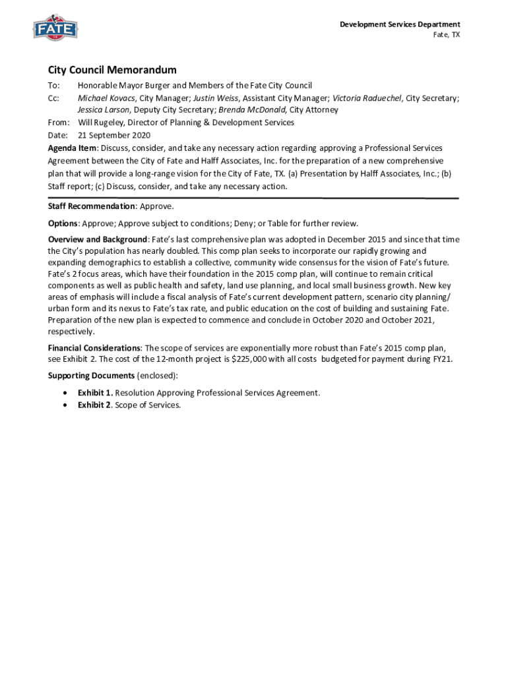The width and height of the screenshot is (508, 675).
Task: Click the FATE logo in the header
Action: click(x=55, y=28)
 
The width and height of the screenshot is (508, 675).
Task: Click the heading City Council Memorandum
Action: click(x=112, y=70)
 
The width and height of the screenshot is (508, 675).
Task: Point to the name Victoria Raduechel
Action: click(x=367, y=98)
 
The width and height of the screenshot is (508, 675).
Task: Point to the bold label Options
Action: click(x=63, y=223)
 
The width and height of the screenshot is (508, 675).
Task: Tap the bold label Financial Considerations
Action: click(x=94, y=347)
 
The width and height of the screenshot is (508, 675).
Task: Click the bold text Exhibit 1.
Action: click(x=94, y=393)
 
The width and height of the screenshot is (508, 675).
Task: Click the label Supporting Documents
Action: click(x=91, y=376)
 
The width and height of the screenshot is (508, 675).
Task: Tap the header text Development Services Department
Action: click(x=400, y=24)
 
